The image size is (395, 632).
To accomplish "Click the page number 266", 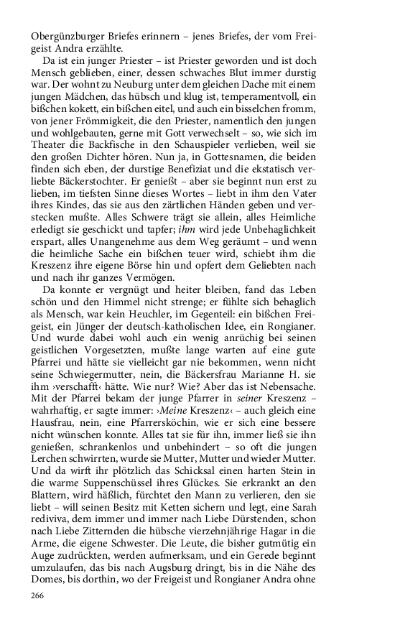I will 38,595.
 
